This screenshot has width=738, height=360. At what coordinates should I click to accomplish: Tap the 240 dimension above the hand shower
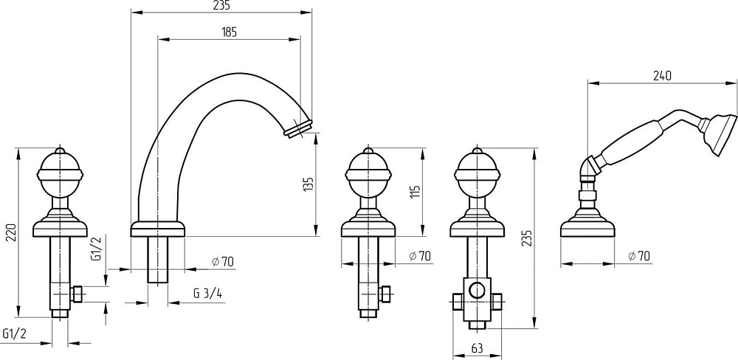[x=662, y=75]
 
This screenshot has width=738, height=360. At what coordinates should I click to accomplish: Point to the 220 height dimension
[x=12, y=232]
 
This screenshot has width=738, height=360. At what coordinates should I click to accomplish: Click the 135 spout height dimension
[x=308, y=184]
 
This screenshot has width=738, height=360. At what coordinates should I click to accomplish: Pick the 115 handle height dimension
[x=415, y=192]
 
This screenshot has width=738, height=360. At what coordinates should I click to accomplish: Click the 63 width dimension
[x=477, y=348]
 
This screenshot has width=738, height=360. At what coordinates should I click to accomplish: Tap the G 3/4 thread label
[x=207, y=293]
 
